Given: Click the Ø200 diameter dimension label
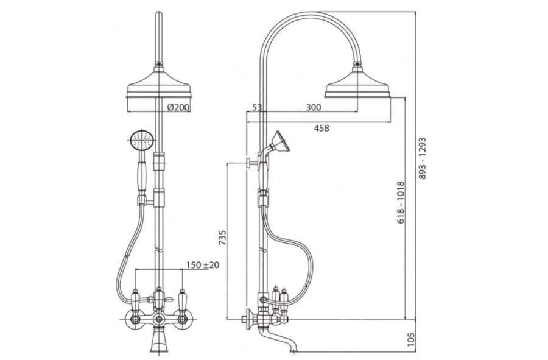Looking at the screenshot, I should coord(178,107).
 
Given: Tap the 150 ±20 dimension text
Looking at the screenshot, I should coord(203,265).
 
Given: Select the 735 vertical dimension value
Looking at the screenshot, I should coord(222,238).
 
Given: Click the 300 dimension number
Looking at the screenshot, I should coord(313,108).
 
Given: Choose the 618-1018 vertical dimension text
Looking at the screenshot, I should coord(401,201).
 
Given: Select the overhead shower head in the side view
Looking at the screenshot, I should coord(357,85).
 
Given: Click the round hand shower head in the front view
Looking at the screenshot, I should coord(141,141).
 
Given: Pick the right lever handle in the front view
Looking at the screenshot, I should coord(181,299).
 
